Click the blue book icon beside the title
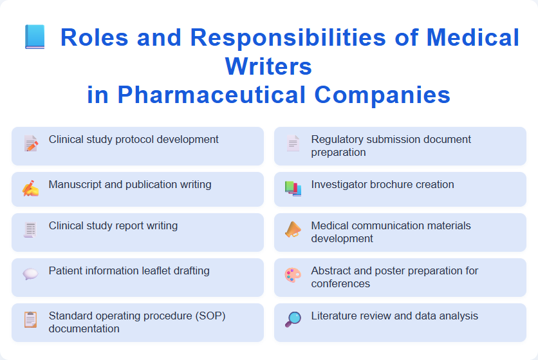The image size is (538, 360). [35, 37]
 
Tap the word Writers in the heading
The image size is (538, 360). [268, 66]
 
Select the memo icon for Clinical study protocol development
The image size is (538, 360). [30, 143]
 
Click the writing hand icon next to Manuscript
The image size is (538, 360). [30, 188]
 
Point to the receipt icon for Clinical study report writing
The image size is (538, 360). [30, 229]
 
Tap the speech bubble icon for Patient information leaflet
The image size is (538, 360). [30, 274]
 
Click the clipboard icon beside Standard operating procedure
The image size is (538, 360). [30, 319]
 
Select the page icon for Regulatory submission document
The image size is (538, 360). [293, 143]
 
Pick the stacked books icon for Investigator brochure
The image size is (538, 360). [293, 188]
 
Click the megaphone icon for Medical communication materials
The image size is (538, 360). [293, 229]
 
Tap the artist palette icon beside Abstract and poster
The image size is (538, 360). [293, 274]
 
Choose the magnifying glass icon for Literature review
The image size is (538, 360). [293, 319]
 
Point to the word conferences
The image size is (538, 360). [340, 283]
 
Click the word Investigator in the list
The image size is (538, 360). [339, 184]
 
